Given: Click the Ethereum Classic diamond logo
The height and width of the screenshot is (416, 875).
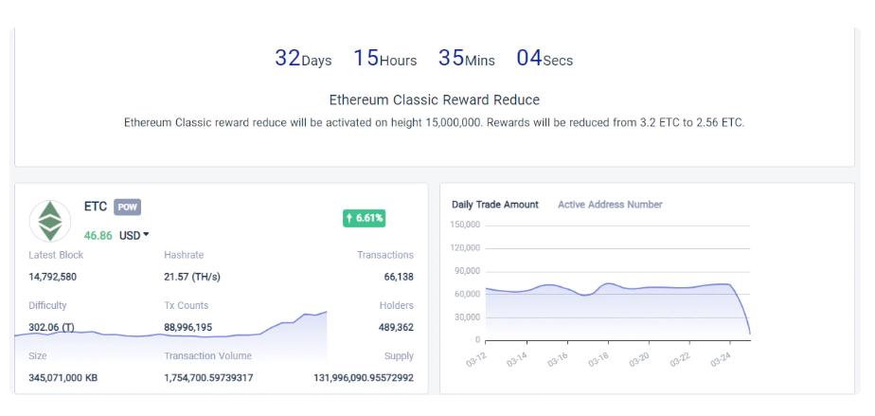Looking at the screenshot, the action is click(x=49, y=221).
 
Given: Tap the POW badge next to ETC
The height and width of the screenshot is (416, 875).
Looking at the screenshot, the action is click(x=127, y=208).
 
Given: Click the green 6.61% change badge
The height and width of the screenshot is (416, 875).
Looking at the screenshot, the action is click(x=364, y=218).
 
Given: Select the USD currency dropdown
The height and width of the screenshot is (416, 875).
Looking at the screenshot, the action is click(x=134, y=236).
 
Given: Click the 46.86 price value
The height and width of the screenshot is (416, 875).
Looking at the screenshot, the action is click(x=98, y=236).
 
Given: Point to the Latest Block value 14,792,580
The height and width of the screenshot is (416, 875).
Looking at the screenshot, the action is click(x=52, y=277).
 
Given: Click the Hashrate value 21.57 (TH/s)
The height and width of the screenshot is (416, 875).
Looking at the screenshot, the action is click(x=192, y=277).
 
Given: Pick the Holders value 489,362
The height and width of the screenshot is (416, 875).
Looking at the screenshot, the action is click(x=396, y=327).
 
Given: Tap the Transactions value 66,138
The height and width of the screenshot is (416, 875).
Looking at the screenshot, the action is click(x=399, y=277).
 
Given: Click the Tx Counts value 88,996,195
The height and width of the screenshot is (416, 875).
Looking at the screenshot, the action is click(x=188, y=327).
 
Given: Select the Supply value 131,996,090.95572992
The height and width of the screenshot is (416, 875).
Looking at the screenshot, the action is click(x=364, y=378).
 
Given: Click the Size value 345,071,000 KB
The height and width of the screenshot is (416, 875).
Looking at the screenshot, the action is click(x=63, y=378).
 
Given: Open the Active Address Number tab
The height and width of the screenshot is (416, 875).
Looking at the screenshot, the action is click(x=610, y=205).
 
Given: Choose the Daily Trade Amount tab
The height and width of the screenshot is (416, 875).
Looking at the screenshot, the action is click(x=495, y=205).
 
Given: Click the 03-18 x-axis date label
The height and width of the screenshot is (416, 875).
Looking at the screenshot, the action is click(x=598, y=359).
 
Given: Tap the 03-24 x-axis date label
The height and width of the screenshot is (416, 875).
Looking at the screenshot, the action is click(x=721, y=359).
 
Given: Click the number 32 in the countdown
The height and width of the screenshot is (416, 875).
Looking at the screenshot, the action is click(x=287, y=58).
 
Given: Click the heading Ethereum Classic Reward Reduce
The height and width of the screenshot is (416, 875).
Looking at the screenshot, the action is click(x=434, y=99).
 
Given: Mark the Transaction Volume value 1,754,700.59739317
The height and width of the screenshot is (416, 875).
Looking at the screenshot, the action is click(x=208, y=378).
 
